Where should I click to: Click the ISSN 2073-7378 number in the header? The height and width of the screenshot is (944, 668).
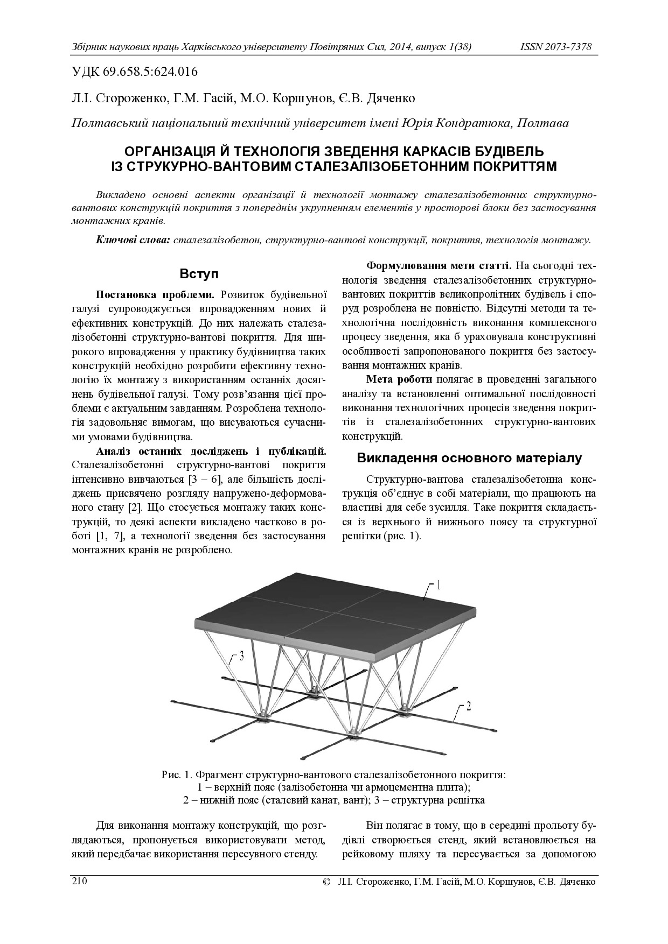555,47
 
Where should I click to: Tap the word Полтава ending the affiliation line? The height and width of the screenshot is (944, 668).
542,123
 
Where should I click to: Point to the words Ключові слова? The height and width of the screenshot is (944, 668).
133,239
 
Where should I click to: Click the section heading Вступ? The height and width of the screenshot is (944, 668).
199,274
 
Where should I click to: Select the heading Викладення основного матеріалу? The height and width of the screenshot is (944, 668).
469,458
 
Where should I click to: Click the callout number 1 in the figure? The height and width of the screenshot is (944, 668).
439,584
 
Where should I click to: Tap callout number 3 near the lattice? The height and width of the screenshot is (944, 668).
241,656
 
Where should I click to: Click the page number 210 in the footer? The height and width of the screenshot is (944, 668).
79,882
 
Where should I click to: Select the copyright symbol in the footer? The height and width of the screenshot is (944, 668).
325,883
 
